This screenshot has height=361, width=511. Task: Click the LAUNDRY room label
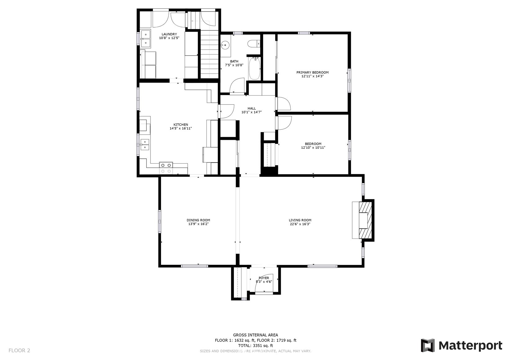pos(169,34)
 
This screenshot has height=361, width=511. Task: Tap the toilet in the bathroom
pos(254,43)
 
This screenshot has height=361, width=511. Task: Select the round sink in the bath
pos(225,45)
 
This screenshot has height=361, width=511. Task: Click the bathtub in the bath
pos(254,69)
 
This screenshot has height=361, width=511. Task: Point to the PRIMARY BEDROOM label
pos(312,72)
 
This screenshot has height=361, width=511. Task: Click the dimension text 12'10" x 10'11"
pos(313,148)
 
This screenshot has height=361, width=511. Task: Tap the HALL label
pos(252,108)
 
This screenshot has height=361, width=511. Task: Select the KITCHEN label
pos(181,124)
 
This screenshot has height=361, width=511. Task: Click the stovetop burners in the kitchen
pos(166,168)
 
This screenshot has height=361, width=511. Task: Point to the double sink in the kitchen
pos(145,145)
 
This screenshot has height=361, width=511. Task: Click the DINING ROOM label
pos(198,220)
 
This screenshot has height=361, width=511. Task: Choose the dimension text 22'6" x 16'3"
pos(300,224)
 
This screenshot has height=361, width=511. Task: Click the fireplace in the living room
pos(363,220)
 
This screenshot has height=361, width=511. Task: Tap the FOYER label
pos(264,278)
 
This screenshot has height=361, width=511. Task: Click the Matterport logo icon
pos(428,345)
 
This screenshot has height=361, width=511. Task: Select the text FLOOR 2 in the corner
pos(19,350)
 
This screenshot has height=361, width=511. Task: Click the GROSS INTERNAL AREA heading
pos(256,335)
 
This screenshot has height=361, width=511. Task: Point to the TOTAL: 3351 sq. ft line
pos(256,345)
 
